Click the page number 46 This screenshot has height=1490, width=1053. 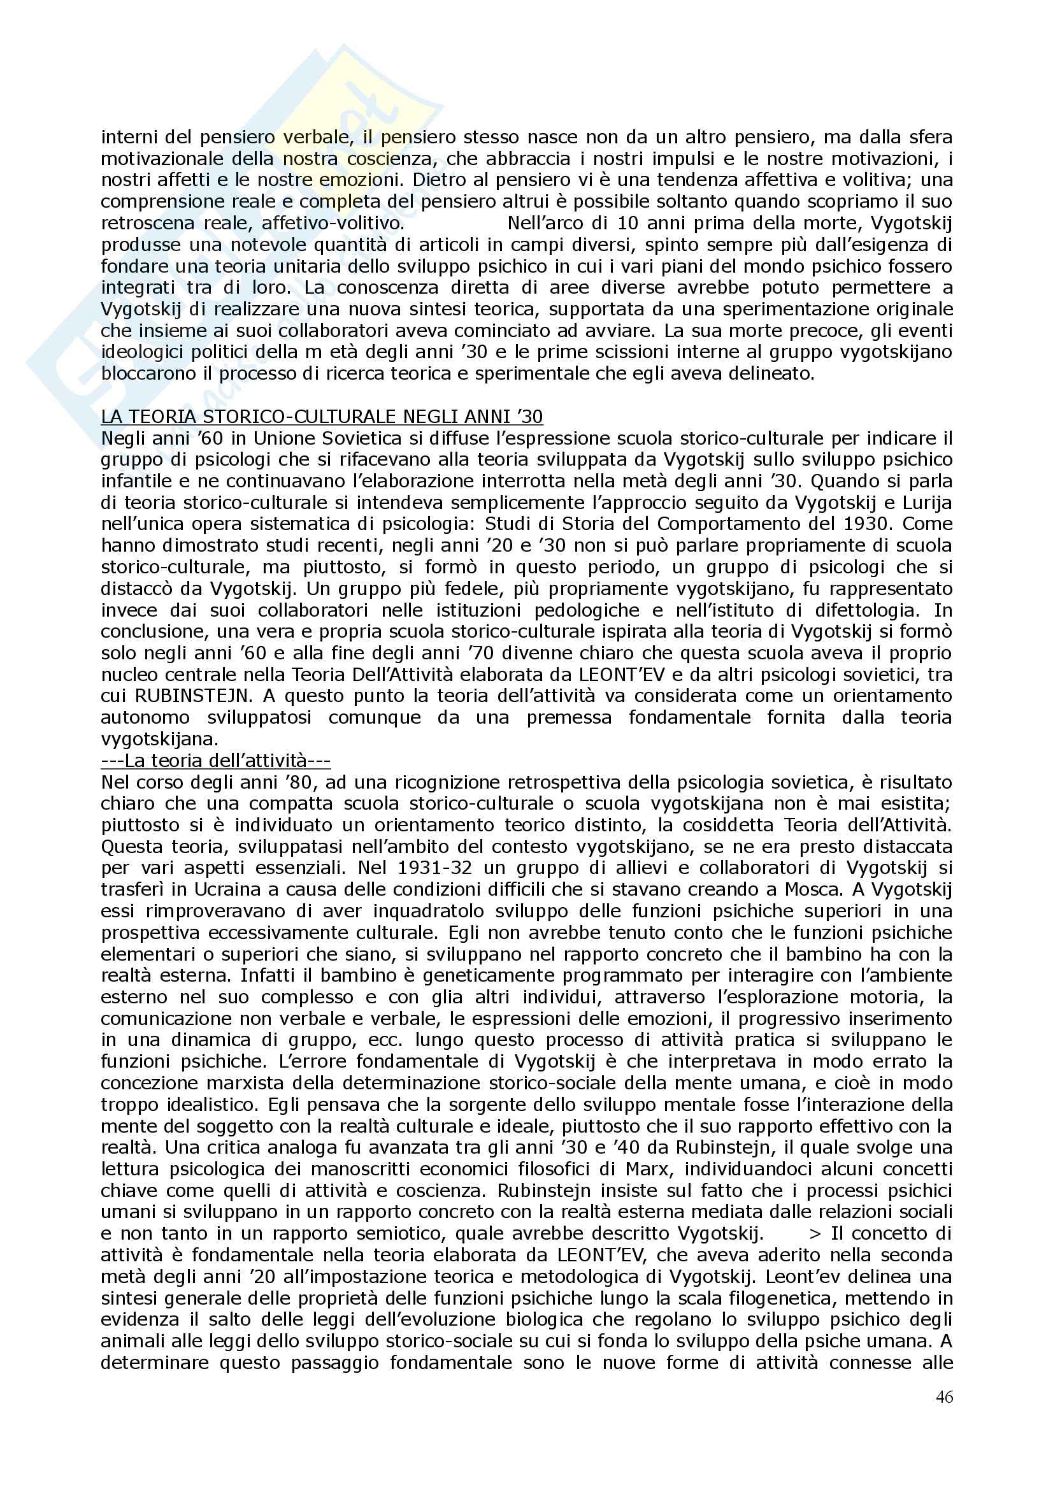tap(944, 1396)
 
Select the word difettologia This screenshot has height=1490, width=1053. tap(852, 610)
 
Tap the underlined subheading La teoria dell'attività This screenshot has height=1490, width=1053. tap(215, 760)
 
